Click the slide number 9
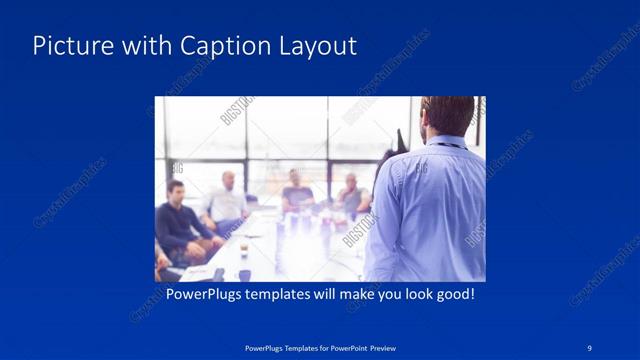pos(590,347)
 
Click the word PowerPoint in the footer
pos(347,348)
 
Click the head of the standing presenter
pos(446,116)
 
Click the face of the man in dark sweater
pos(176,191)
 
